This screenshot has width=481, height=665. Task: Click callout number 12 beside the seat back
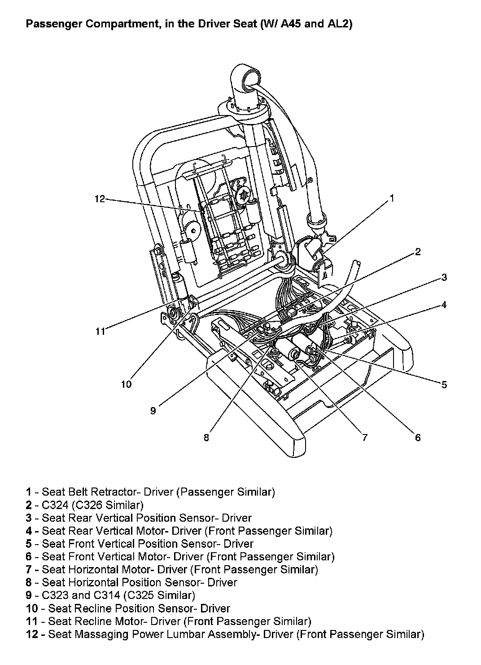coord(100,199)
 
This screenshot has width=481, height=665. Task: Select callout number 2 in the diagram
coord(418,252)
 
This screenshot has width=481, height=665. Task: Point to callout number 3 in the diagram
coord(444,277)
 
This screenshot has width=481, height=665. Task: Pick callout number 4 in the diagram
coord(444,305)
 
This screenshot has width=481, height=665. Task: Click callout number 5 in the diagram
coord(444,384)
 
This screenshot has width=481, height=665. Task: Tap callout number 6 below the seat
coord(418,437)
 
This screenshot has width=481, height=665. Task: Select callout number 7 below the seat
coord(364,437)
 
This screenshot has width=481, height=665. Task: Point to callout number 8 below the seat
coord(206,437)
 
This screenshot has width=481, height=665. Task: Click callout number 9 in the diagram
coord(153,410)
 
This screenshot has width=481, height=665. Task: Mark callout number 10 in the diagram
coord(127,384)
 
